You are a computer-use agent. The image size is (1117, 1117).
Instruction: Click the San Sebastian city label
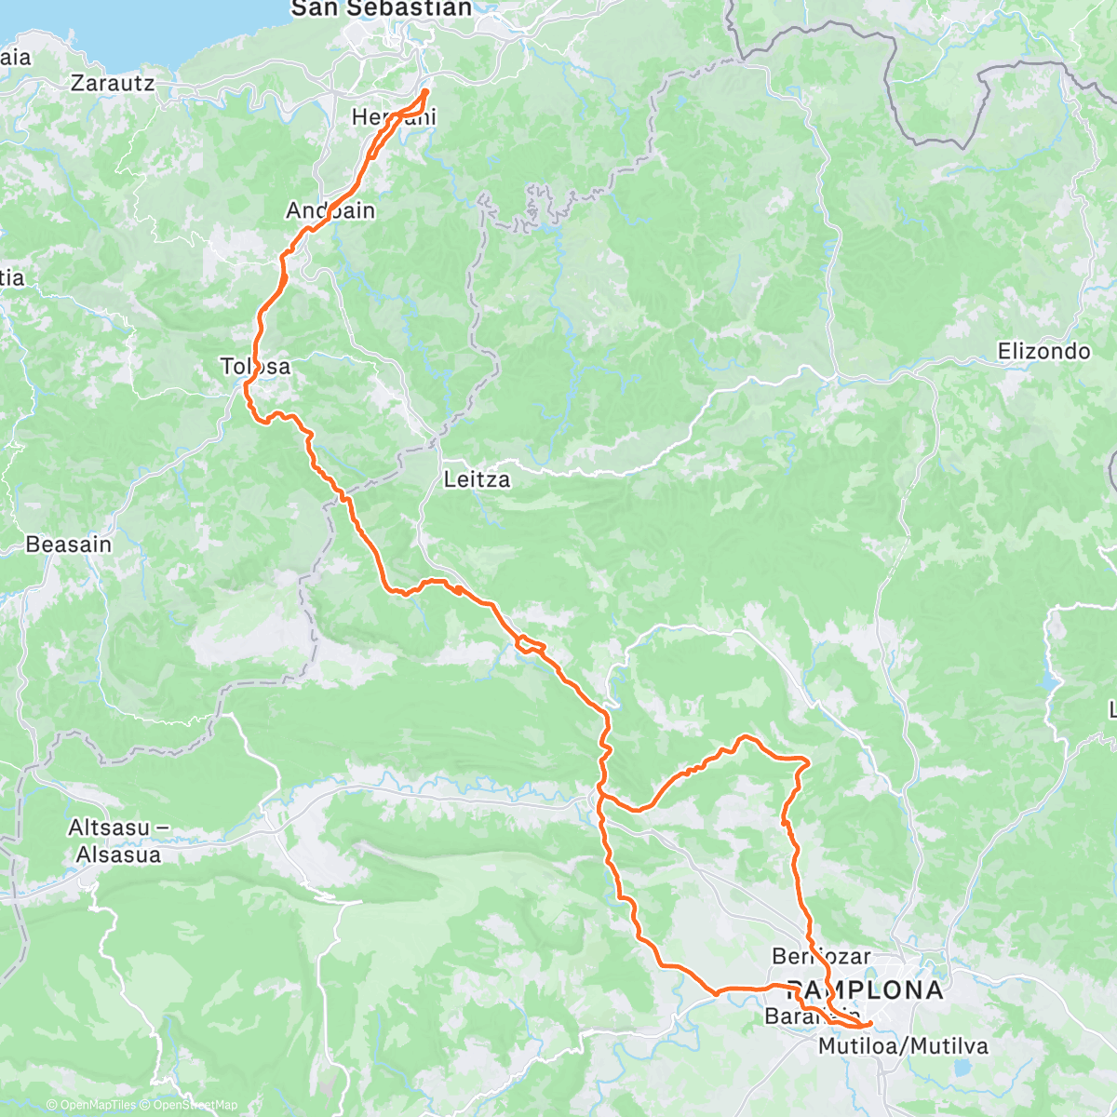coord(382,9)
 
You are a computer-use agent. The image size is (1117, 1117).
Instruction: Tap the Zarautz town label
coord(113,84)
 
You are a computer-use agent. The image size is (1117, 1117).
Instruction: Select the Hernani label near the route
coord(393,117)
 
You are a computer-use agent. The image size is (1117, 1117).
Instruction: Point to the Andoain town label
coord(330,210)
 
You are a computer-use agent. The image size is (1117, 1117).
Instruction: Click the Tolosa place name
coord(255,366)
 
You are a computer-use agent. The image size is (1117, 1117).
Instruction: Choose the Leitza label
coord(477,479)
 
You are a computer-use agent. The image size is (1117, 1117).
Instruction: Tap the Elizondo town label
coord(1043,351)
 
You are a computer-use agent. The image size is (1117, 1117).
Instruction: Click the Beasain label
coord(69,544)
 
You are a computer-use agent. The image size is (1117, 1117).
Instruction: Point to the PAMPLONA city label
coord(865,989)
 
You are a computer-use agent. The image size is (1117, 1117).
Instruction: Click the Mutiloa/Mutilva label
coord(903,1046)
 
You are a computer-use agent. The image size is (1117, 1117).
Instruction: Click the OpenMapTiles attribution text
coord(91,1106)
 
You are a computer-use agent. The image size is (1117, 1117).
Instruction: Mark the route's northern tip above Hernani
coord(426,91)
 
